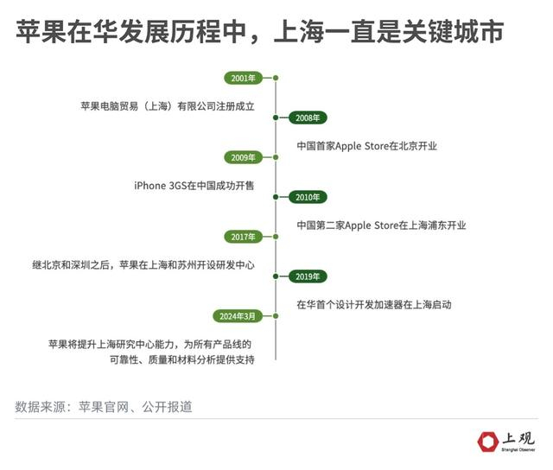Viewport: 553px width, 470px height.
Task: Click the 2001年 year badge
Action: pyautogui.click(x=243, y=78)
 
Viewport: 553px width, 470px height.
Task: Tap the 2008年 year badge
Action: pyautogui.click(x=307, y=117)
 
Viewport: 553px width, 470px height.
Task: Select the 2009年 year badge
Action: pyautogui.click(x=243, y=157)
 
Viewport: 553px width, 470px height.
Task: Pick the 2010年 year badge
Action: pyautogui.click(x=307, y=197)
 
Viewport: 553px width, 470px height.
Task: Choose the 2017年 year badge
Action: pyautogui.click(x=243, y=237)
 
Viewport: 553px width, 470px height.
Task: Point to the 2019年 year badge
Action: pyautogui.click(x=307, y=276)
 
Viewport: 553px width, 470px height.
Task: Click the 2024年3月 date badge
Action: pyautogui.click(x=238, y=316)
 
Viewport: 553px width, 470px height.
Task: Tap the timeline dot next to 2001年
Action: pyautogui.click(x=276, y=78)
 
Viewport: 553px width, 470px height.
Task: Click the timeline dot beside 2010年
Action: pyautogui.click(x=276, y=197)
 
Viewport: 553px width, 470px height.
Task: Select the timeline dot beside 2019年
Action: pyautogui.click(x=276, y=276)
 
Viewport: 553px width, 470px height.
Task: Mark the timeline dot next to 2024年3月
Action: pyautogui.click(x=276, y=316)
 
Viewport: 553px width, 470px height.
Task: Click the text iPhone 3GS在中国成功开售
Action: pyautogui.click(x=194, y=186)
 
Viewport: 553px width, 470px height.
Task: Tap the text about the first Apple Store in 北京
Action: pyautogui.click(x=366, y=146)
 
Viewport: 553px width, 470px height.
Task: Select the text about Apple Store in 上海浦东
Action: pyautogui.click(x=381, y=225)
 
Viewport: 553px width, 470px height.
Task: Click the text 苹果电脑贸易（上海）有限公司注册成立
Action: pyautogui.click(x=168, y=106)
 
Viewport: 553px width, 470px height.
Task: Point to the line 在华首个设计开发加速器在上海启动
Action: pyautogui.click(x=374, y=305)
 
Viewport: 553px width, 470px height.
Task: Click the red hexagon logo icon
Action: pyautogui.click(x=488, y=441)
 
